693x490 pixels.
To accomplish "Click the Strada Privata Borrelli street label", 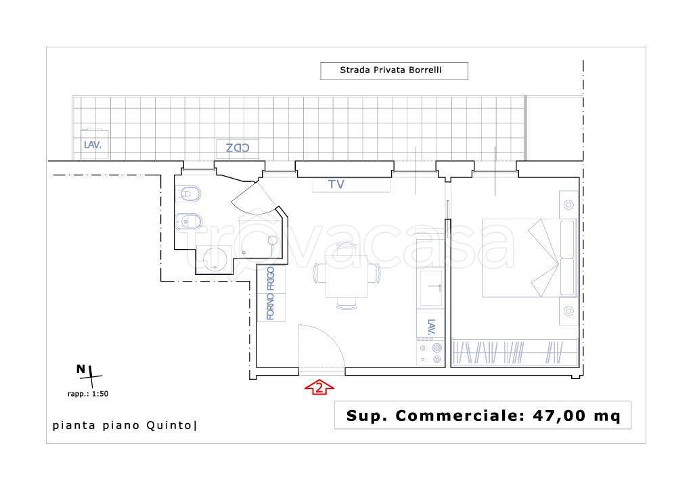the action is pyautogui.click(x=390, y=70).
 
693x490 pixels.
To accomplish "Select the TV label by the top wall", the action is pyautogui.click(x=336, y=184).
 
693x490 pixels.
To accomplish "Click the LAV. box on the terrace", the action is pyautogui.click(x=94, y=144).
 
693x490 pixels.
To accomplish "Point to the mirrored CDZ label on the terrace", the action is pyautogui.click(x=238, y=148).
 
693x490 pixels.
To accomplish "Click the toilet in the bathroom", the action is pyautogui.click(x=188, y=194).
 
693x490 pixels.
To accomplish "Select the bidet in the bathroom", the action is pyautogui.click(x=189, y=222).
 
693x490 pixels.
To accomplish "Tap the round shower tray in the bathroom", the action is pyautogui.click(x=215, y=259).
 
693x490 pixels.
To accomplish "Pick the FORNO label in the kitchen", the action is pyautogui.click(x=271, y=306).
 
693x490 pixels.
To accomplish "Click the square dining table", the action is pyautogui.click(x=346, y=276).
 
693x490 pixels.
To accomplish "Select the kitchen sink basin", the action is pyautogui.click(x=431, y=288).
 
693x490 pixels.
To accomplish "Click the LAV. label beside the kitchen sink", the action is pyautogui.click(x=432, y=326).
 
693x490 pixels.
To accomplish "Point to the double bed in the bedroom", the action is pyautogui.click(x=529, y=258).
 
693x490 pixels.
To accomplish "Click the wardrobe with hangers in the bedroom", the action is pyautogui.click(x=515, y=352).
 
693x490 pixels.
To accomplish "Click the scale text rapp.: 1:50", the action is pyautogui.click(x=87, y=394).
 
